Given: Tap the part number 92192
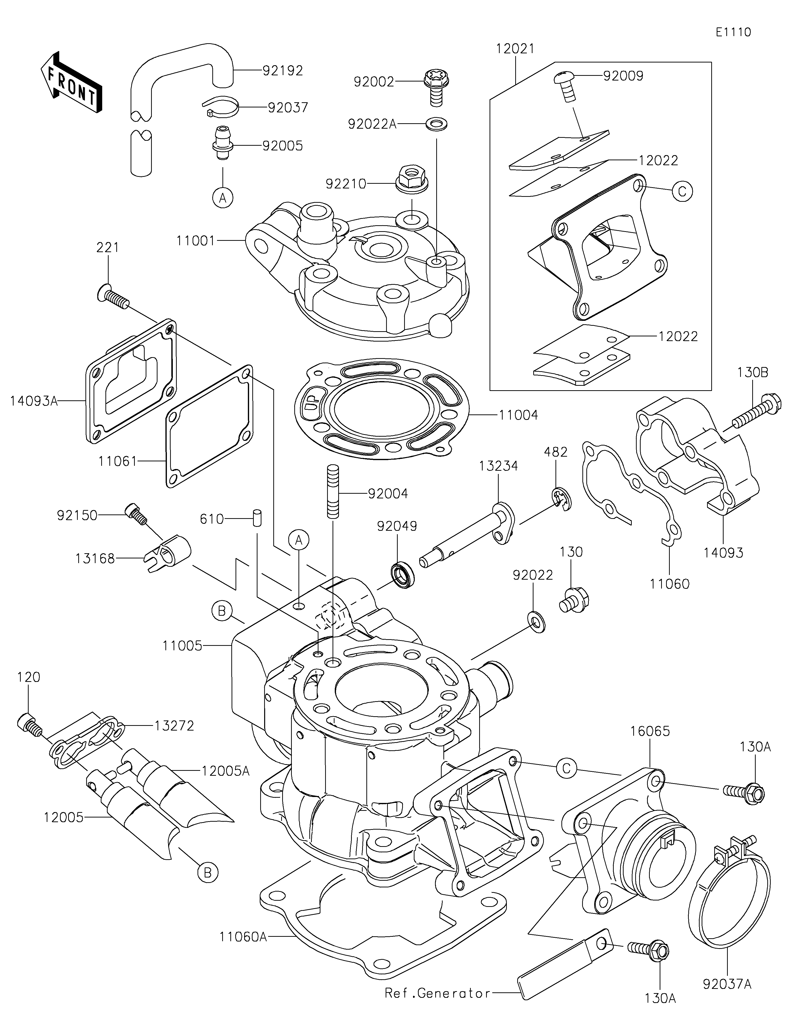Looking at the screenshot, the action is [283, 71].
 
